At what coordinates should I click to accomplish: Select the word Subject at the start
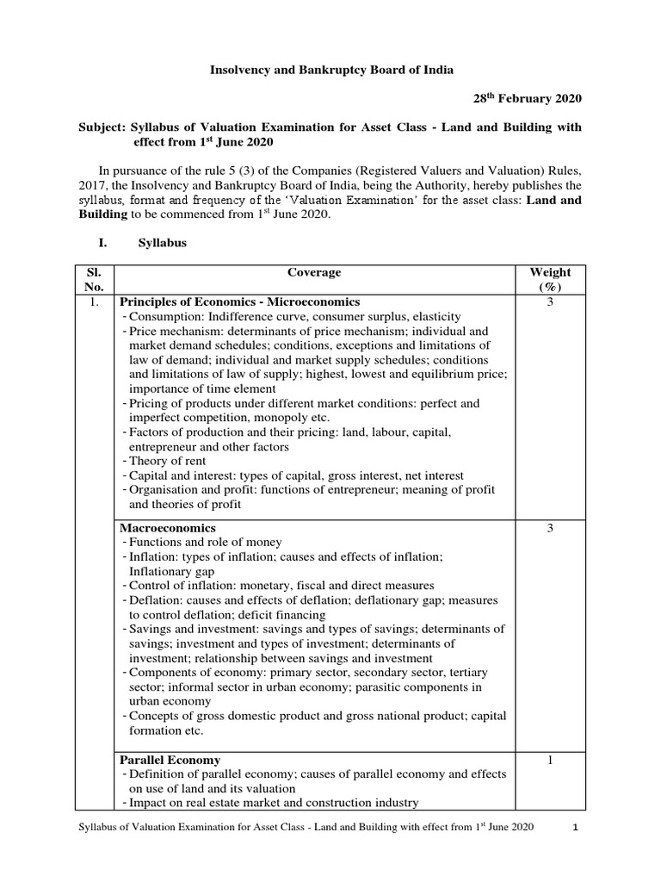(101, 127)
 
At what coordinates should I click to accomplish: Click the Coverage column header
(314, 272)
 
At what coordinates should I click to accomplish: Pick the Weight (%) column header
(550, 279)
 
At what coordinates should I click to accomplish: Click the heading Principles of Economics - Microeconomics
(239, 302)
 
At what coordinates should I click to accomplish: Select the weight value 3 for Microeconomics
(550, 302)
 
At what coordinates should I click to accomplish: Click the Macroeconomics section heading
(167, 527)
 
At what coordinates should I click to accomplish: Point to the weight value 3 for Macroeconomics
(550, 527)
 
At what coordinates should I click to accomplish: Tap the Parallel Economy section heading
(170, 760)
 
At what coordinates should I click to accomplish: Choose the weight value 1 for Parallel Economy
(550, 760)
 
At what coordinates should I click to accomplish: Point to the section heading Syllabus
(163, 244)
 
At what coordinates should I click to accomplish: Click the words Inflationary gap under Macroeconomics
(172, 571)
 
